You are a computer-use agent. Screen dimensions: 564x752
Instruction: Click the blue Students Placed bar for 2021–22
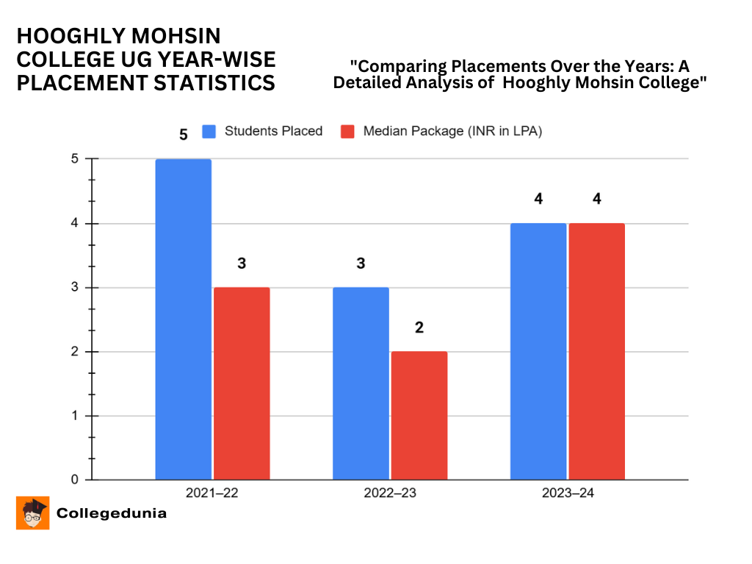click(183, 319)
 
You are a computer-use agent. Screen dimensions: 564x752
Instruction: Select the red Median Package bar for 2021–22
click(242, 383)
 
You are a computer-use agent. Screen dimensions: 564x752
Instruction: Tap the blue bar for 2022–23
click(361, 383)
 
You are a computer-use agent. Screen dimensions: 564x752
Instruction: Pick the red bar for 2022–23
click(419, 416)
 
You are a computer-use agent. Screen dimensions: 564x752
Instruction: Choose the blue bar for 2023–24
click(538, 351)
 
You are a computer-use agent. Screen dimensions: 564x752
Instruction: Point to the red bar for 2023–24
click(596, 351)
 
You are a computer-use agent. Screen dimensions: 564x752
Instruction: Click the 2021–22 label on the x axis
click(212, 493)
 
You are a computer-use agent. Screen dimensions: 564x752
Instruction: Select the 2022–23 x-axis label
click(390, 493)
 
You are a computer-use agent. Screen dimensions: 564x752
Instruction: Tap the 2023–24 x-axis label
click(568, 493)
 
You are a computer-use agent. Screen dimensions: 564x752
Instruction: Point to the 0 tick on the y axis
click(75, 480)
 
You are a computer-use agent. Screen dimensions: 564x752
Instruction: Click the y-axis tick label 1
click(75, 416)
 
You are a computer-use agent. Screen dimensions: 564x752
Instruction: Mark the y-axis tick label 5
click(75, 159)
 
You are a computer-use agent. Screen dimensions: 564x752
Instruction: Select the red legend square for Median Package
click(348, 131)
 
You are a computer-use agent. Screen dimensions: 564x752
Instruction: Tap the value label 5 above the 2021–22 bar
click(184, 135)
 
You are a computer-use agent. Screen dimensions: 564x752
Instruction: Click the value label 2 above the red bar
click(419, 328)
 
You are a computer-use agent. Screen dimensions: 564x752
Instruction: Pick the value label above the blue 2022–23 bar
click(361, 264)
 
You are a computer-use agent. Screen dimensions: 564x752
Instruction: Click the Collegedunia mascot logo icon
click(33, 513)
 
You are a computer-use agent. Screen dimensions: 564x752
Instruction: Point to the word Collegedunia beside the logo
click(112, 513)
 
